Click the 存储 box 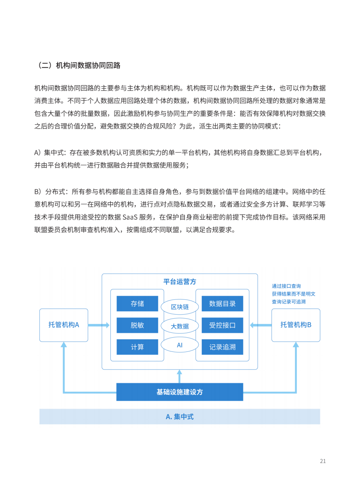click(x=137, y=303)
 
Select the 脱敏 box click(x=137, y=325)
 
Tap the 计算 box click(x=137, y=347)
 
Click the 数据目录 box click(x=222, y=303)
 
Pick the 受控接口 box click(x=222, y=325)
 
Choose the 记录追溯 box click(x=222, y=347)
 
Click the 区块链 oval click(x=180, y=307)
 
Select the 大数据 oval click(x=180, y=326)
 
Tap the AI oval click(x=180, y=345)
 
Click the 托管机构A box click(x=64, y=325)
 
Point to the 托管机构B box click(x=296, y=325)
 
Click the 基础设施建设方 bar click(x=180, y=392)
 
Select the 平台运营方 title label click(x=180, y=281)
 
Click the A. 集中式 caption click(x=180, y=416)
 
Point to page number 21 click(x=323, y=461)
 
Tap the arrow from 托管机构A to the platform click(x=99, y=325)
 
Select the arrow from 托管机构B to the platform click(x=261, y=325)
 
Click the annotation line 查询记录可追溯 click(x=289, y=302)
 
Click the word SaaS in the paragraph click(x=130, y=217)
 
